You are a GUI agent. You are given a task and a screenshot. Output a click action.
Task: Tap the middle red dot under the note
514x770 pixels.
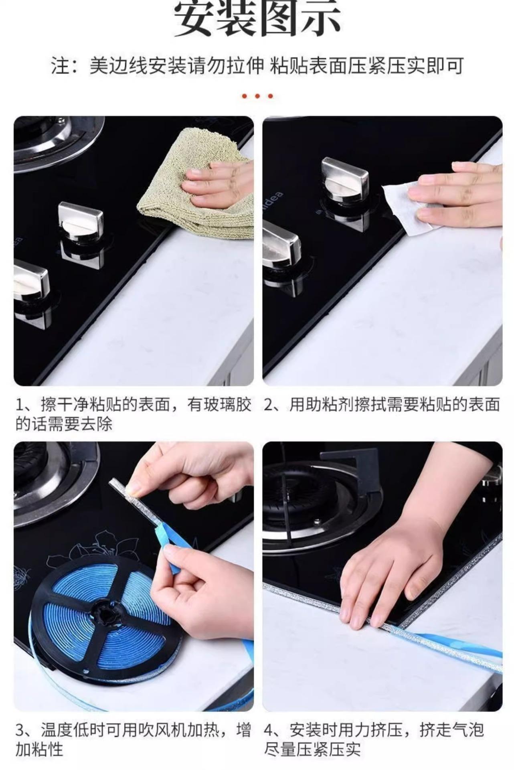(257, 96)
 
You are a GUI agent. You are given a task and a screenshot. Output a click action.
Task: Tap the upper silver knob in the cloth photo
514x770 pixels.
(80, 223)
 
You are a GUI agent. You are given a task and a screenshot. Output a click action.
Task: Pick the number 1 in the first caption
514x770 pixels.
(20, 405)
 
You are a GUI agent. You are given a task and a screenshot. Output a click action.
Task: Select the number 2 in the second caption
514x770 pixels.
(269, 405)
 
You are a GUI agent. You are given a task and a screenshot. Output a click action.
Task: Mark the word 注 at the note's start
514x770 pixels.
(59, 65)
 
